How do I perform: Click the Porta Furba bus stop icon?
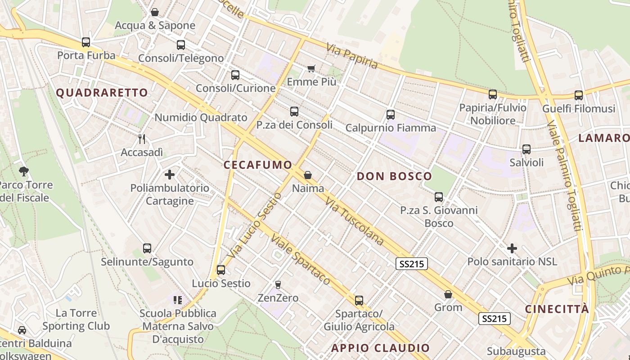(85, 42)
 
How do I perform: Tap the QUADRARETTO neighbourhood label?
(102, 93)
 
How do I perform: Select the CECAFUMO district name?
(258, 165)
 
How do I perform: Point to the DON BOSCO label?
(394, 176)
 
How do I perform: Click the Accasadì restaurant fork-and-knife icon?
(142, 139)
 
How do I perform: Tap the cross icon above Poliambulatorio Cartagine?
(170, 174)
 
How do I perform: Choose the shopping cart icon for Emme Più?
(311, 68)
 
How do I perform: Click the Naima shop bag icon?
(308, 175)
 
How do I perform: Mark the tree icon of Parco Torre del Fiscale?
(24, 171)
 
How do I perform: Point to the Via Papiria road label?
(352, 56)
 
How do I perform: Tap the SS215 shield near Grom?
(494, 319)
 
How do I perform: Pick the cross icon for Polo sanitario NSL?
(512, 248)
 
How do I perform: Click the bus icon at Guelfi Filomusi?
(578, 95)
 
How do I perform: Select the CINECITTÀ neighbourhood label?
(557, 309)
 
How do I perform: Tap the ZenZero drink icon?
(278, 284)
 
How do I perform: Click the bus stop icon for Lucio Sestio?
(220, 270)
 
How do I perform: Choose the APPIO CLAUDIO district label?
(381, 348)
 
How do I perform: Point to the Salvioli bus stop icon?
(526, 149)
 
